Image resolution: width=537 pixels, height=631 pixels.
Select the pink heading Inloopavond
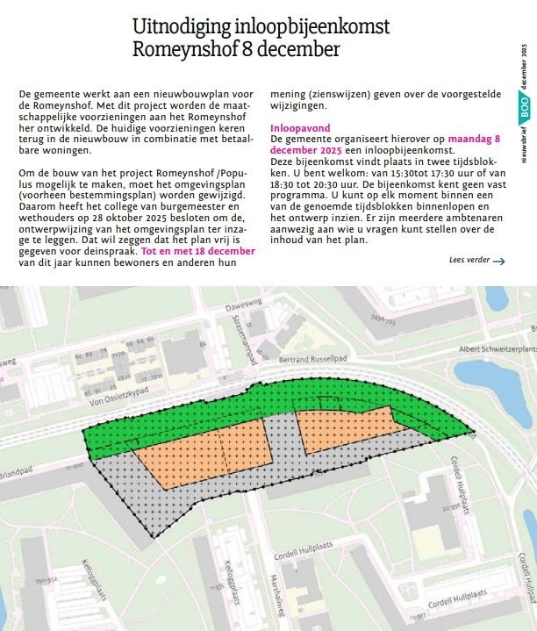click(x=301, y=128)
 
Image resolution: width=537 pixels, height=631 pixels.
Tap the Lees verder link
click(x=468, y=261)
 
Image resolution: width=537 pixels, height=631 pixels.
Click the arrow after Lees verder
click(x=499, y=261)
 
